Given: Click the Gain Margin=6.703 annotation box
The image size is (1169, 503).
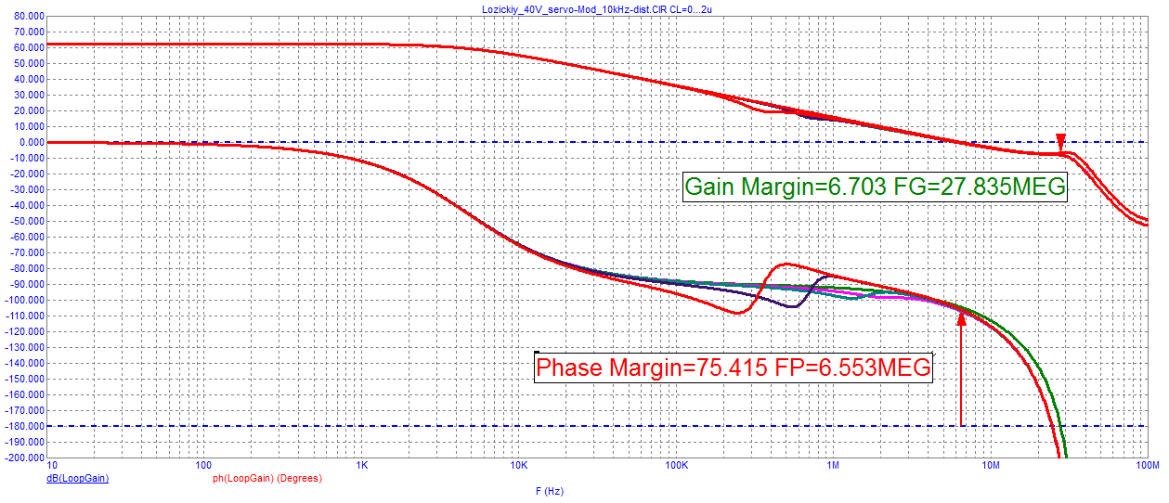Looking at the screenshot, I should pos(875,187).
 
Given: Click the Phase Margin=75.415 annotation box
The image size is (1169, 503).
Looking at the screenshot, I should pos(734,368).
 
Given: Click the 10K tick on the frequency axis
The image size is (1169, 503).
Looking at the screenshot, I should pos(518,464).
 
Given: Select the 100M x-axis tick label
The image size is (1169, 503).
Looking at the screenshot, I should pos(1147,464).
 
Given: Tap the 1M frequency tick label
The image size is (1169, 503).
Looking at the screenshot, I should pos(833,464).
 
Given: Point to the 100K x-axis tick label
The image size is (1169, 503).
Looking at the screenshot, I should pos(675,464).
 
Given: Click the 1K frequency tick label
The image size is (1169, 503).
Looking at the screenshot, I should pos(361,464).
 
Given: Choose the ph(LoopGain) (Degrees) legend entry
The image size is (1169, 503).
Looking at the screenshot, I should pos(266,479).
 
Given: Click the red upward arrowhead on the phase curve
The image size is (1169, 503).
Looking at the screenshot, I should pos(961,318).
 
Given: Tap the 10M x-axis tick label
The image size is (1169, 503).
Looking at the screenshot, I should pos(991,464).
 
